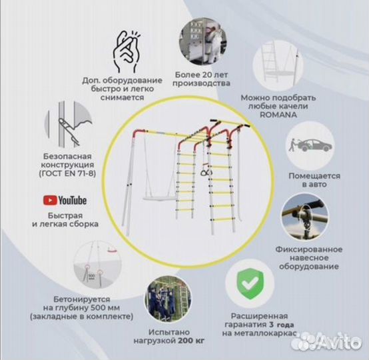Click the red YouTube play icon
[x=50, y=200]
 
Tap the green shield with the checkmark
[x=250, y=283]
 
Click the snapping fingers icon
[x=127, y=52]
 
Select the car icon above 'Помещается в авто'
[x=310, y=145]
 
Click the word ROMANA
[x=278, y=115]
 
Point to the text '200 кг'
[x=191, y=341]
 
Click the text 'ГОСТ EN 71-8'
[x=67, y=173]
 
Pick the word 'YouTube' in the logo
[x=72, y=201]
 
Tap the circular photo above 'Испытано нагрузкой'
[x=169, y=299]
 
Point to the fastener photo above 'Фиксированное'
[x=305, y=217]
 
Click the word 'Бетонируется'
[x=82, y=299]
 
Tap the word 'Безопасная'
[x=67, y=156]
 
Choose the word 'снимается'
[x=122, y=97]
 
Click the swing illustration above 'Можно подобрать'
[x=278, y=65]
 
